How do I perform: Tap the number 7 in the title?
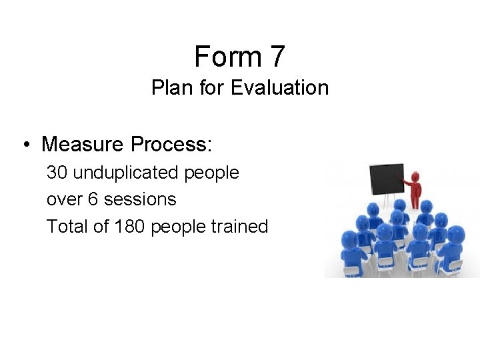tap(277, 57)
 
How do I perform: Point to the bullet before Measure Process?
tap(24, 145)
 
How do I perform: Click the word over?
tap(61, 199)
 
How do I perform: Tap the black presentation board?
tap(387, 179)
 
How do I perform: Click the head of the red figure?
tap(416, 177)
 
